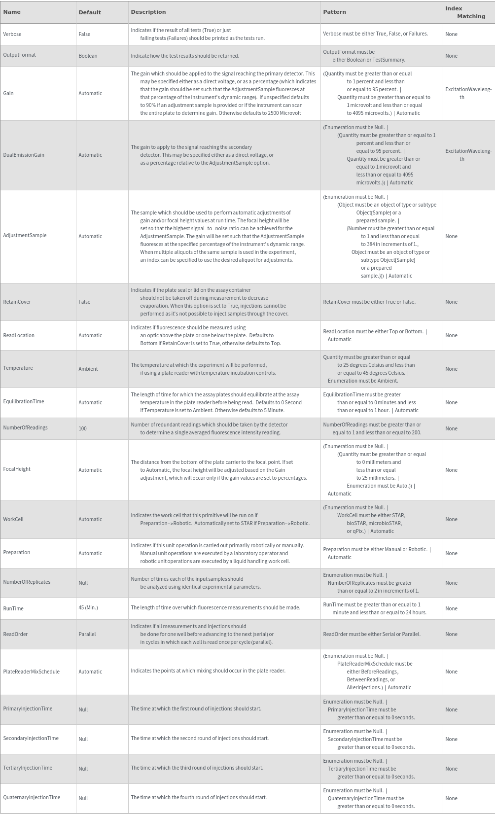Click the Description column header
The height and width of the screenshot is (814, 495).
coord(148,12)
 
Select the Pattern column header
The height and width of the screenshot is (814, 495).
coord(334,12)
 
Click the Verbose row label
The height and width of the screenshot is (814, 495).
coord(12,34)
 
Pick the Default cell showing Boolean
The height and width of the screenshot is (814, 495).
coord(88,56)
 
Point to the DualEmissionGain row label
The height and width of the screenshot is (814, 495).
coord(24,155)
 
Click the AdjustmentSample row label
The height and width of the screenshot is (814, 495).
coord(25,235)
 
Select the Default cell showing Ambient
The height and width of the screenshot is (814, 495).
coord(88,369)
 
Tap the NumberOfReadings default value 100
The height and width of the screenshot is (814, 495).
coord(82,428)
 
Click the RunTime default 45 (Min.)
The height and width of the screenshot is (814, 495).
coord(88,607)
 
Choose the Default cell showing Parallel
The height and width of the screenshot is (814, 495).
coord(87,634)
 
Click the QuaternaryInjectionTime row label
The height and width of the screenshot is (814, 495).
coord(32,797)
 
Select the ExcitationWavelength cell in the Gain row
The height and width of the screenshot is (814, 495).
coord(468,93)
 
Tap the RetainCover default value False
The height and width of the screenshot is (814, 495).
coord(84,302)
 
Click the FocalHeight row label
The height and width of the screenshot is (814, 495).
coord(17,469)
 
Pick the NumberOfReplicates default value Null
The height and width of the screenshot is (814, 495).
coord(83,583)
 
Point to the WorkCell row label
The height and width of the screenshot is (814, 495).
coord(13,519)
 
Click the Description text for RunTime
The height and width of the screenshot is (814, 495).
coord(215,607)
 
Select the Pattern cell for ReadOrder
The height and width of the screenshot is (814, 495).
coord(372,634)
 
